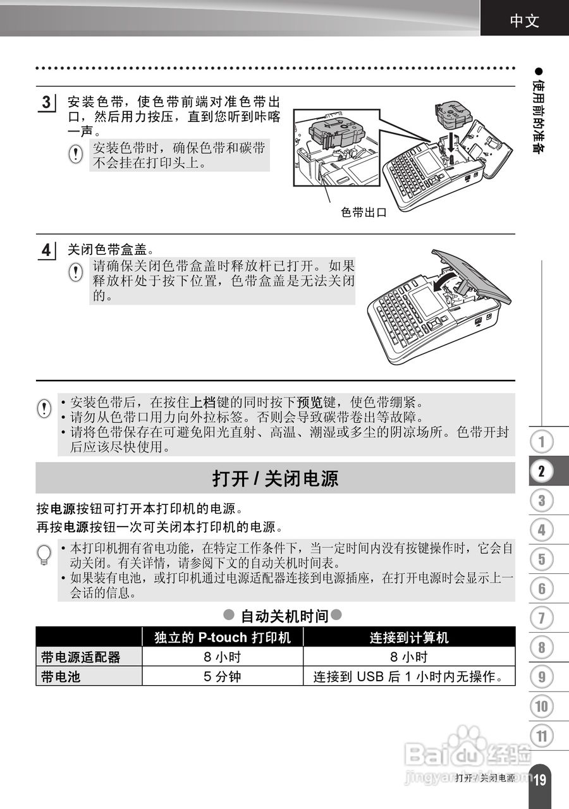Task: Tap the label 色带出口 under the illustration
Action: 364,212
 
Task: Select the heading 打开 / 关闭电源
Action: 275,478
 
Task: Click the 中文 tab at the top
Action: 525,21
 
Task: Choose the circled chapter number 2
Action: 542,470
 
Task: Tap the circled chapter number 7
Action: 542,617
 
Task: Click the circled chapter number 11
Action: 542,736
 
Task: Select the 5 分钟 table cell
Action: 222,677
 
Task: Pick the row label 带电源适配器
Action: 80,657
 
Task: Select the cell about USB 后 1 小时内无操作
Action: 409,677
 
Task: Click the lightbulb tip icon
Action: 44,554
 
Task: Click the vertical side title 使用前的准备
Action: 539,117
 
